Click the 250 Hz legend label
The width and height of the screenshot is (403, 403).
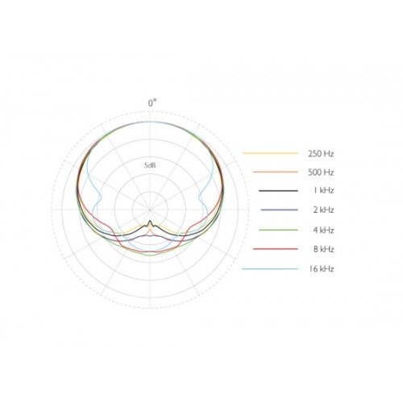pos(321,154)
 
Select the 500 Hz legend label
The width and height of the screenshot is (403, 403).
pos(321,172)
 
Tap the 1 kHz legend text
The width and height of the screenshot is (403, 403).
pos(323,190)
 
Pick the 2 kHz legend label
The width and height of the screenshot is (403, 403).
pos(323,210)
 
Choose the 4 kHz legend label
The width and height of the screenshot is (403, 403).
pos(323,231)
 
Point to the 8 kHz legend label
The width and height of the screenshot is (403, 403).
pos(323,249)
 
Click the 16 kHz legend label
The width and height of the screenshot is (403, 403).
pos(322,268)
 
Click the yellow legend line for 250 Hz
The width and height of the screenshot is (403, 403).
pos(270,153)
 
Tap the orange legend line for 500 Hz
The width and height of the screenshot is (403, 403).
pos(276,172)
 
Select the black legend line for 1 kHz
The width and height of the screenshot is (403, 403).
pos(278,191)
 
